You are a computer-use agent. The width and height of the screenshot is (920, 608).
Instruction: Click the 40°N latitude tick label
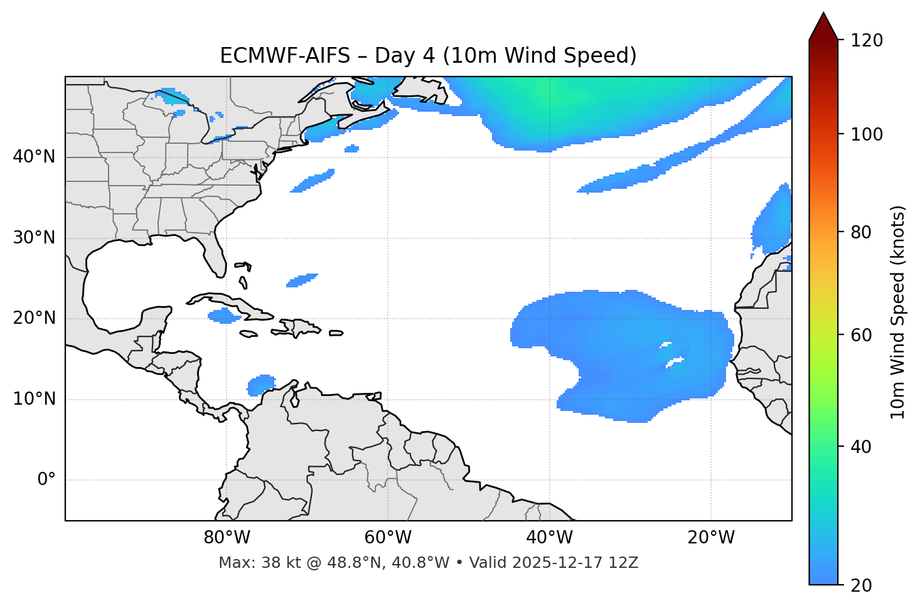(34, 157)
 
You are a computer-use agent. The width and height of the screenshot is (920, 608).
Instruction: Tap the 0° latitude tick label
(46, 480)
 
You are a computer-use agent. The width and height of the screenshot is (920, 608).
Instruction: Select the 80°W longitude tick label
(227, 538)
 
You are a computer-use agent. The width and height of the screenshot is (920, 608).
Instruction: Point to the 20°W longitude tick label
(711, 538)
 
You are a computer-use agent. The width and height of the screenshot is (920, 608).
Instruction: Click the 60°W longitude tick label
(388, 538)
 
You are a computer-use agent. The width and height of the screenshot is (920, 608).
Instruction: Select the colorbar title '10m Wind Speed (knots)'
(898, 312)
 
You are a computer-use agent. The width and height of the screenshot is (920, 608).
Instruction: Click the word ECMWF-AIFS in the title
(285, 56)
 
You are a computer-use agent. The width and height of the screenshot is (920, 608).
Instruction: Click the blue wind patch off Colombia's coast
(261, 384)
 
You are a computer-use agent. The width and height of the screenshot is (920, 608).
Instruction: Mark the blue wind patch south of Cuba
(224, 315)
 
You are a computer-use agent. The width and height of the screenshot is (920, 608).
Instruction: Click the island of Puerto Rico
(336, 333)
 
